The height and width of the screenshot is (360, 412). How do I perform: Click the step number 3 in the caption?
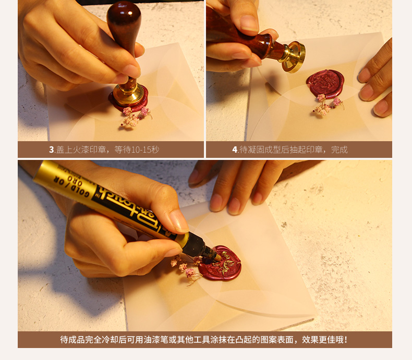coord(52,150)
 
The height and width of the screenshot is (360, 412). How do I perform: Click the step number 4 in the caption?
coord(235,150)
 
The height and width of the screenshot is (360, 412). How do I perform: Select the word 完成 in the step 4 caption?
coord(339,150)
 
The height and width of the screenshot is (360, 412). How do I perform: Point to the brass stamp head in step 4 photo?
coord(294,57)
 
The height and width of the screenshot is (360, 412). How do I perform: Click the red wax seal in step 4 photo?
coord(325,83)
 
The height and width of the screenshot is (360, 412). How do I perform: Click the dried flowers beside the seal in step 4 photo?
coord(328,104)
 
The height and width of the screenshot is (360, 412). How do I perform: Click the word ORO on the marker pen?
coord(75,181)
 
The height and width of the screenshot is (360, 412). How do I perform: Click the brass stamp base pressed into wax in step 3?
coord(128,94)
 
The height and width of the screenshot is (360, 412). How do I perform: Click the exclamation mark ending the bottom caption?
coord(346,340)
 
